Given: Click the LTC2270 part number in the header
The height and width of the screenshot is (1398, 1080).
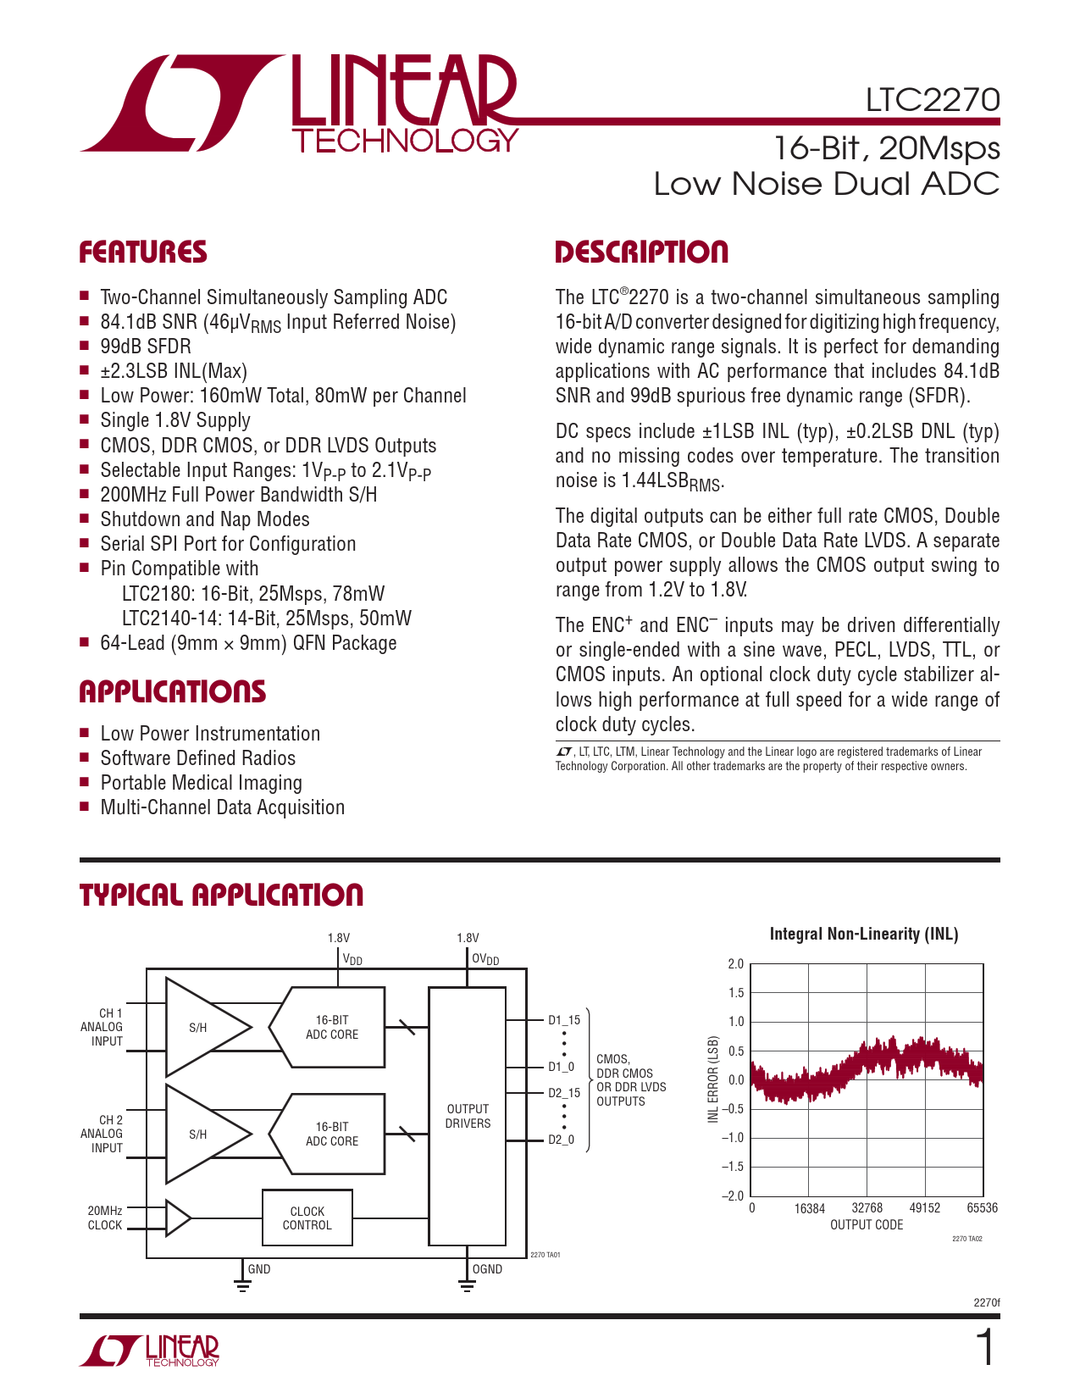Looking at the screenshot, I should point(932,100).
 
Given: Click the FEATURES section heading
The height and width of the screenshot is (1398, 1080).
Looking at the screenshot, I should point(142,252).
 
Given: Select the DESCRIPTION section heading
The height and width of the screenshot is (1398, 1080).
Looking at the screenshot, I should point(641,252).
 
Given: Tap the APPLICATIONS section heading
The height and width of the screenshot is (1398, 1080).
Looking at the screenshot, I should point(172,692).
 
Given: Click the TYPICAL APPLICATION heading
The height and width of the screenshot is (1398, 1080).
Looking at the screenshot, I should point(221,896).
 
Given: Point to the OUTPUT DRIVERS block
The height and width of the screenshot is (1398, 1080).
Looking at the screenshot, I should point(468,1116).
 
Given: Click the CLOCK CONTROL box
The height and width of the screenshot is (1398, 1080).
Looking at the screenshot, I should point(307,1218).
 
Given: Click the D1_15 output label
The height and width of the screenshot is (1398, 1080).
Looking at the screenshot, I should point(564,1020).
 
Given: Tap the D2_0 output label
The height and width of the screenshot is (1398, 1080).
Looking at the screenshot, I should point(561,1140).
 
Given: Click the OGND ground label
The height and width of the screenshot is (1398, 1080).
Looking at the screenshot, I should point(487,1269).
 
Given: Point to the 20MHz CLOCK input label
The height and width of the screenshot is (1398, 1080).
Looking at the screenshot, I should point(105,1218).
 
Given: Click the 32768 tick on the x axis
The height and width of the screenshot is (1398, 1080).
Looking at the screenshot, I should point(867,1208).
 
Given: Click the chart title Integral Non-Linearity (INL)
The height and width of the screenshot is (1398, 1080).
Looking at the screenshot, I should point(864,934).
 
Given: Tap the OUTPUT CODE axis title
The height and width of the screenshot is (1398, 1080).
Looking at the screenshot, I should point(867,1225).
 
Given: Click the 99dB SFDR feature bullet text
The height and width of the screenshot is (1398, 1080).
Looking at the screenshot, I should point(146,347).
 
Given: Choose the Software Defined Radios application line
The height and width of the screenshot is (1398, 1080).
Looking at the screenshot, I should point(198,758).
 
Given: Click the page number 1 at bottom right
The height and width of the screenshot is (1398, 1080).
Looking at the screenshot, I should point(986,1349).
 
